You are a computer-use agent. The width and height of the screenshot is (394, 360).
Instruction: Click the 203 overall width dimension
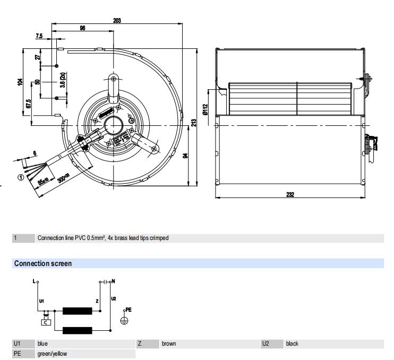click(x=117, y=20)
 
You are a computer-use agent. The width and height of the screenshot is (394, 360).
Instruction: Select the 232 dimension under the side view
click(x=290, y=194)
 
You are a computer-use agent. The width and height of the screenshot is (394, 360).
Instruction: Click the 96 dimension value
click(x=82, y=29)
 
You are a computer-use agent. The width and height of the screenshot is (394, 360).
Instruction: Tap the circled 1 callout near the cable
click(x=20, y=177)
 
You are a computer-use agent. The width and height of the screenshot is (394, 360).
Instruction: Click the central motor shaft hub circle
click(x=113, y=125)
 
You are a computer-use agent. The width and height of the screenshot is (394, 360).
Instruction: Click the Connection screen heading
click(x=43, y=263)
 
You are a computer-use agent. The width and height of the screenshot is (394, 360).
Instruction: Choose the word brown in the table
click(x=169, y=344)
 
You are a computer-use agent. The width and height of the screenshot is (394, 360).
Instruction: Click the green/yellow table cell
click(x=52, y=353)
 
